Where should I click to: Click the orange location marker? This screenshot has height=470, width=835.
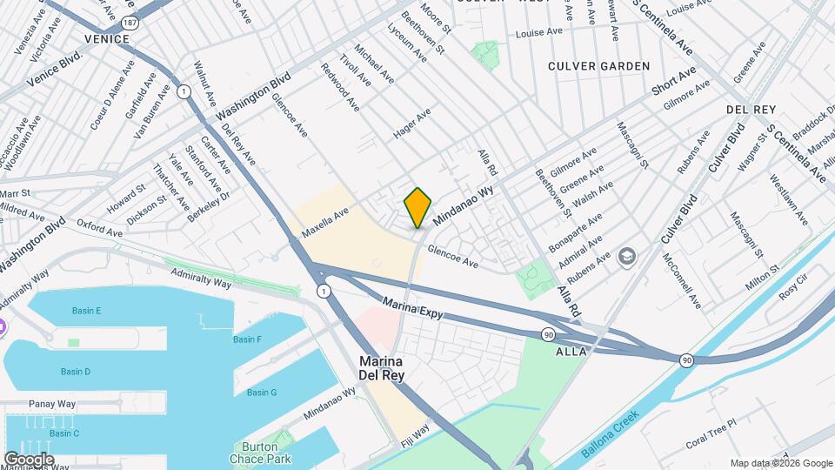[417, 207]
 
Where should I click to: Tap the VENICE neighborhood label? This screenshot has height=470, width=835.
[107, 39]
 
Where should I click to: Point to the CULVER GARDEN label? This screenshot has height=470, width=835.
[598, 66]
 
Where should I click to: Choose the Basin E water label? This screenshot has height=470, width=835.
[87, 311]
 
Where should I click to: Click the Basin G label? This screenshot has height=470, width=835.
[261, 393]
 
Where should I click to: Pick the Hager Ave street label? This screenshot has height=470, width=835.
[412, 125]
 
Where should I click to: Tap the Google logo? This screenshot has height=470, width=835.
[30, 459]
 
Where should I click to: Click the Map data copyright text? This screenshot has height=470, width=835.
[780, 463]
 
